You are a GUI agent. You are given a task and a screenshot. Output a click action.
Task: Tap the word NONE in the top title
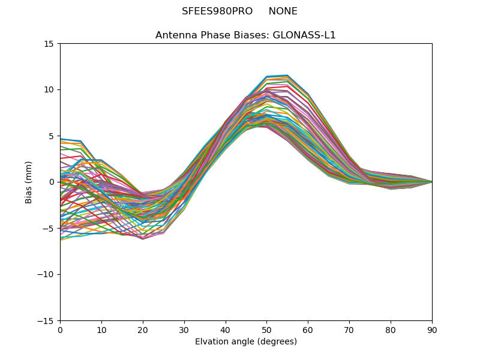pos(283,11)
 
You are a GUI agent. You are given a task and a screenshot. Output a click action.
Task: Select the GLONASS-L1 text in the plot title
pos(304,35)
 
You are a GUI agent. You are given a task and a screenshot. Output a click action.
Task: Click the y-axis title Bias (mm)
pos(29,182)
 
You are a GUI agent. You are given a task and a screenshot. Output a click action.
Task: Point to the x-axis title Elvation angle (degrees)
pos(246,342)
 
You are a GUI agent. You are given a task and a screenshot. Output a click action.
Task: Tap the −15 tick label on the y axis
pos(46,321)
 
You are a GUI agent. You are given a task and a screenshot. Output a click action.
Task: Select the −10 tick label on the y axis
pos(46,275)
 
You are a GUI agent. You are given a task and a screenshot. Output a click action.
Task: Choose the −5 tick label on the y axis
pos(49,229)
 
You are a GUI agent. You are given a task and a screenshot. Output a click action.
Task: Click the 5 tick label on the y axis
pos(52,136)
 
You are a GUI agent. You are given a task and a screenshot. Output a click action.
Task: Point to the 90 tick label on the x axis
pos(432,330)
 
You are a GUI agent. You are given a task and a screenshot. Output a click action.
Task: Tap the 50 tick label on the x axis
pos(266,330)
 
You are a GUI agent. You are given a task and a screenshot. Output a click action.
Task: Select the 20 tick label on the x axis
pos(143,330)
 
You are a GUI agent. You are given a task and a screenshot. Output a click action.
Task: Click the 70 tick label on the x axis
pos(349,330)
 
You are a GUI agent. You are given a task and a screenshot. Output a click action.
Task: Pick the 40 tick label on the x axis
pos(225,330)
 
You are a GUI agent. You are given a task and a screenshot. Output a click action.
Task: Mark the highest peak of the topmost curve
pos(287,75)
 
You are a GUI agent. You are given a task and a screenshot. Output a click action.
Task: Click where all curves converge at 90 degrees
pos(431,182)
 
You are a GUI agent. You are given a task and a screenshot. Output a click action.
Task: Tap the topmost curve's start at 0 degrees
pos(61,139)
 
